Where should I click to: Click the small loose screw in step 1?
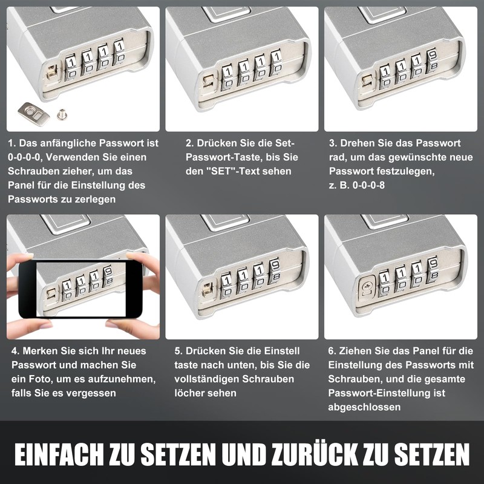[62, 114]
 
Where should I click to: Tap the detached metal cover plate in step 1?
[34, 114]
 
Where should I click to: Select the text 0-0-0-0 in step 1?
[24, 157]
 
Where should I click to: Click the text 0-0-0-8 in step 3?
[368, 185]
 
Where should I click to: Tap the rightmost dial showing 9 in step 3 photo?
[432, 60]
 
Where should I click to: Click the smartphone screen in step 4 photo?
[81, 289]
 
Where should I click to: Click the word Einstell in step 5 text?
[282, 351]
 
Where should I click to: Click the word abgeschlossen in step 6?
[364, 407]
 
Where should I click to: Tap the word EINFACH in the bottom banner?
[58, 454]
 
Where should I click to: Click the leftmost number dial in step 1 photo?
[71, 68]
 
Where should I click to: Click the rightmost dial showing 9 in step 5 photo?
[275, 271]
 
